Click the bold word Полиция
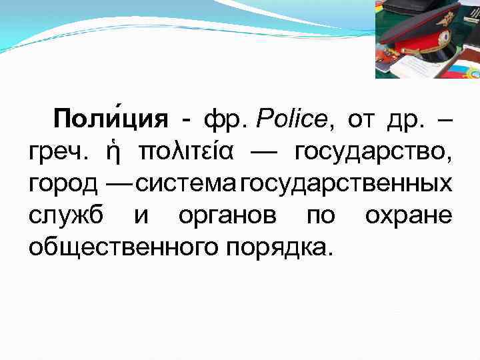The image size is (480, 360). coord(111,120)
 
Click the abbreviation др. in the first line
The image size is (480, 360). coord(399,121)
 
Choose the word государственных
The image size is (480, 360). coord(346,183)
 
